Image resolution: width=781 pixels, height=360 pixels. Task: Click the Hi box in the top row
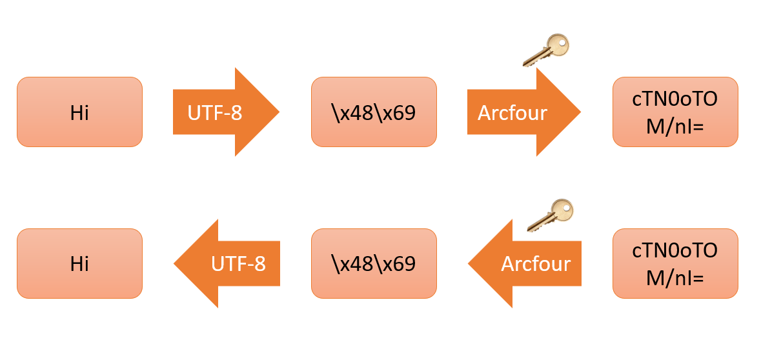(79, 112)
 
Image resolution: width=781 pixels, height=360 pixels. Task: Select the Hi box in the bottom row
(79, 263)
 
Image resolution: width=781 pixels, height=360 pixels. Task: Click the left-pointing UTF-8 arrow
(227, 263)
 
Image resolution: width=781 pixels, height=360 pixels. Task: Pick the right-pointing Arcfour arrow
(523, 112)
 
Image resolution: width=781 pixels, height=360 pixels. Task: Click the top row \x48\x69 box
(374, 112)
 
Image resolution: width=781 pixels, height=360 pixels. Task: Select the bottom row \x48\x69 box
(374, 263)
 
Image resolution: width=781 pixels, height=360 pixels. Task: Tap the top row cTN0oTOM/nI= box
(674, 112)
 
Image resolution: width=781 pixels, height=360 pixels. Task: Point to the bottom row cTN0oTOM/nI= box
(674, 263)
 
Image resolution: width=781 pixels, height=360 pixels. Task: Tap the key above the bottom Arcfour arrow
(551, 215)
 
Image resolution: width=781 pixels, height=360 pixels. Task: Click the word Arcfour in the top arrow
(512, 113)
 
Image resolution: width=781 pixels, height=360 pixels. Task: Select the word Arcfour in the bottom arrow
(536, 264)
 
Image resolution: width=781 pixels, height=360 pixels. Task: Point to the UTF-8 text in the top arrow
(215, 113)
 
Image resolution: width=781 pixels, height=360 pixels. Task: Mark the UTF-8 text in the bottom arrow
(239, 264)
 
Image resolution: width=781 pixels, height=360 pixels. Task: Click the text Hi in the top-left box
(79, 113)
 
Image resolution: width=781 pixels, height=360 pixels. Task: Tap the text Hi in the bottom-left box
(79, 264)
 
